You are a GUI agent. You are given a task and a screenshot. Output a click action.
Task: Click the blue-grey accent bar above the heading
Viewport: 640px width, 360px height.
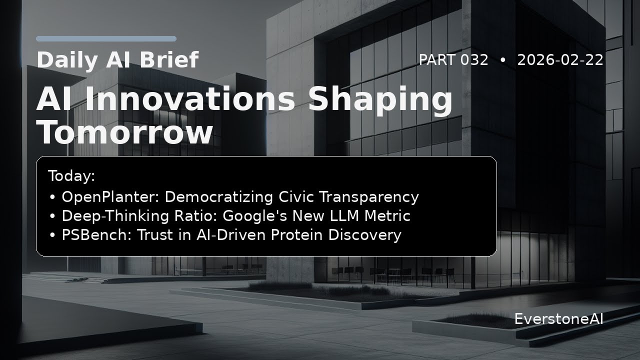click(x=106, y=39)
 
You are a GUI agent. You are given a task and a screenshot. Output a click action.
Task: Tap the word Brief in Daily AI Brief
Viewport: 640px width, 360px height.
click(x=169, y=59)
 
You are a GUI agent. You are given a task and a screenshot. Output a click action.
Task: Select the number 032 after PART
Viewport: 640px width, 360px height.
click(x=474, y=60)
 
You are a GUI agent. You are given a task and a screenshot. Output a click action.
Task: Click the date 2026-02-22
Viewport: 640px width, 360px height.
click(x=560, y=60)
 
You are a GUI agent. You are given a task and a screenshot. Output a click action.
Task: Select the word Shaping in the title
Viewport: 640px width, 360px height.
click(x=381, y=100)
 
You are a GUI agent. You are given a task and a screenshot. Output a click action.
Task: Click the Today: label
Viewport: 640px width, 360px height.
click(x=71, y=175)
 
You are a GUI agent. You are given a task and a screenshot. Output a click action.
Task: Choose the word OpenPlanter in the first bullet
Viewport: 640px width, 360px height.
click(x=110, y=197)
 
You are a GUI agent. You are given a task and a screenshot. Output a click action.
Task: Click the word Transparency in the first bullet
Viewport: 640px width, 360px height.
click(x=369, y=197)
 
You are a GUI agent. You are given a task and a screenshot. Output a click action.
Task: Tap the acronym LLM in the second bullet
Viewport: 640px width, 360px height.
click(x=344, y=215)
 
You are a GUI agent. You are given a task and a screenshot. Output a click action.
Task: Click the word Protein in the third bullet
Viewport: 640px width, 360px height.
click(x=296, y=235)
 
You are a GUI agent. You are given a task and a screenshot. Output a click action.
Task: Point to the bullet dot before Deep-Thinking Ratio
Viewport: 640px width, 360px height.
click(x=52, y=216)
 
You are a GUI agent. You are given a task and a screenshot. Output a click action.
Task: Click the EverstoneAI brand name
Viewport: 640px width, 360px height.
click(x=559, y=319)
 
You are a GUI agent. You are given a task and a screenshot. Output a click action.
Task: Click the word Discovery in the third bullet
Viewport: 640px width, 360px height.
click(x=365, y=235)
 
